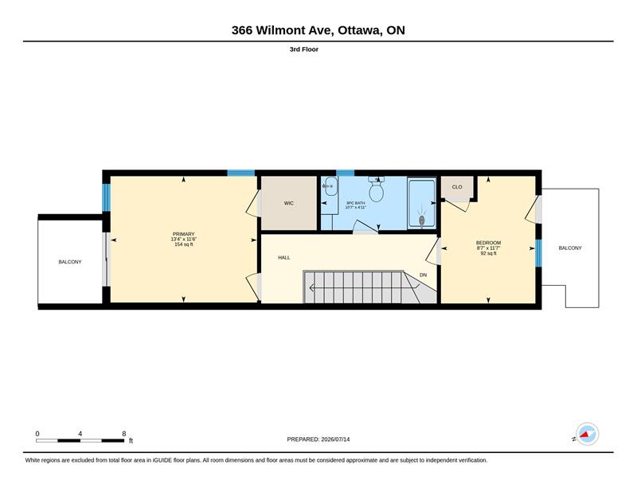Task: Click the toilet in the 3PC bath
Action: pyautogui.click(x=377, y=189)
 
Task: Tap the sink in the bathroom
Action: pyautogui.click(x=330, y=187)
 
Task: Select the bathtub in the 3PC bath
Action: pyautogui.click(x=422, y=203)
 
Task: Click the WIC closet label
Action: pyautogui.click(x=288, y=203)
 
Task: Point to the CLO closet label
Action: pyautogui.click(x=457, y=187)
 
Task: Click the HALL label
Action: pyautogui.click(x=284, y=258)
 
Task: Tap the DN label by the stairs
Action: pyautogui.click(x=424, y=275)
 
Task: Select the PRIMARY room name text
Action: pyautogui.click(x=184, y=234)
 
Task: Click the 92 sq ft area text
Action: pyautogui.click(x=488, y=253)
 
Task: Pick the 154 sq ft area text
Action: pyautogui.click(x=184, y=244)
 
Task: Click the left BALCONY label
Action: pyautogui.click(x=70, y=262)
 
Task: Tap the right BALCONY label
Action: pyautogui.click(x=570, y=248)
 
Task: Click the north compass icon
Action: pyautogui.click(x=587, y=434)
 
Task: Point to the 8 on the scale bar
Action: pyautogui.click(x=124, y=434)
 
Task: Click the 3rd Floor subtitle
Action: pyautogui.click(x=304, y=49)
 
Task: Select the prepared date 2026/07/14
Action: pyautogui.click(x=335, y=439)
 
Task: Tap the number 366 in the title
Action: pyautogui.click(x=242, y=30)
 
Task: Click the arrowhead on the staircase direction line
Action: pyautogui.click(x=312, y=288)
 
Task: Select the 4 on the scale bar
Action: pyautogui.click(x=80, y=434)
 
